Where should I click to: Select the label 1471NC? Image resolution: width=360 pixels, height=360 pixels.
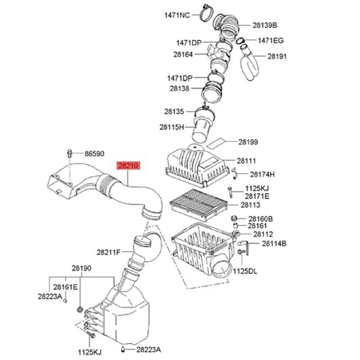coord(177,15)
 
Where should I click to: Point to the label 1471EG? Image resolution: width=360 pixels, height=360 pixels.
coord(270,40)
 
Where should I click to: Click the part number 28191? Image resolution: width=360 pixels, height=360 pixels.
coord(277,56)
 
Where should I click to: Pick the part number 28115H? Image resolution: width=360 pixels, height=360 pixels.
coord(172,127)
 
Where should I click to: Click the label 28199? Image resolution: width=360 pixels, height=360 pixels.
coord(248,142)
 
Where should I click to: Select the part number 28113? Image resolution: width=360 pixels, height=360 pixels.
coord(251,205)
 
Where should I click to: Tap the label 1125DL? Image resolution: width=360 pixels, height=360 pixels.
coord(244,271)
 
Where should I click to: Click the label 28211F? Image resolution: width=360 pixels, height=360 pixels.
coord(108,252)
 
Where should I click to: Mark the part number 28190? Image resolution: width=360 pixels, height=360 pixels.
coord(81,268)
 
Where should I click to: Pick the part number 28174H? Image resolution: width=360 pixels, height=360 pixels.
coord(262,174)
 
